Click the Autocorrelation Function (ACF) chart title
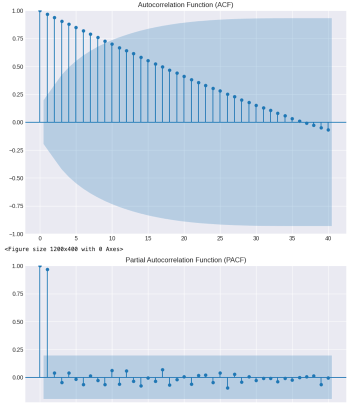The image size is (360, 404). (x=185, y=5)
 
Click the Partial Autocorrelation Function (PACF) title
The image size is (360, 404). (x=185, y=260)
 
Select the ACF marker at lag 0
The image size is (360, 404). (x=40, y=10)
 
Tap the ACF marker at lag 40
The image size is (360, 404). (x=328, y=130)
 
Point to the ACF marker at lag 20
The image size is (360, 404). (x=184, y=76)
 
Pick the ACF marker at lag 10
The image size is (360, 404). (x=112, y=44)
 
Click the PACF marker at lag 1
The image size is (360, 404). (x=47, y=269)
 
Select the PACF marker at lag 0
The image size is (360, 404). (x=40, y=266)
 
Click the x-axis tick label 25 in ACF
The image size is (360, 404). (x=220, y=238)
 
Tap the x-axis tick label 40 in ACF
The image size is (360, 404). (x=328, y=238)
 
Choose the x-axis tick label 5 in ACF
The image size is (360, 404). (x=76, y=238)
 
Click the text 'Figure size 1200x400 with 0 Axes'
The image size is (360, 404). (x=64, y=249)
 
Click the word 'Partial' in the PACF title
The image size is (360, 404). (x=136, y=260)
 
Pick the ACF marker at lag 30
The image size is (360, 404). (x=256, y=105)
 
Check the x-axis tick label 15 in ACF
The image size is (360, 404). (x=148, y=238)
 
